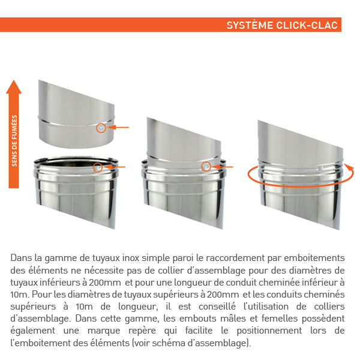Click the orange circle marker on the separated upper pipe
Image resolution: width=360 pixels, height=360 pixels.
coord(101,128)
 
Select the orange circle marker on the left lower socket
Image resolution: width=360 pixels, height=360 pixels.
coord(98,167)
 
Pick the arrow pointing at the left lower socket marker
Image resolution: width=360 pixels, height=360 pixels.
coord(116,167)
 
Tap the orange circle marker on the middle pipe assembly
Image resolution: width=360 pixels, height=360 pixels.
coord(206,166)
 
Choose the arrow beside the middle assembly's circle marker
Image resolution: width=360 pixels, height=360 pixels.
coord(224,166)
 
